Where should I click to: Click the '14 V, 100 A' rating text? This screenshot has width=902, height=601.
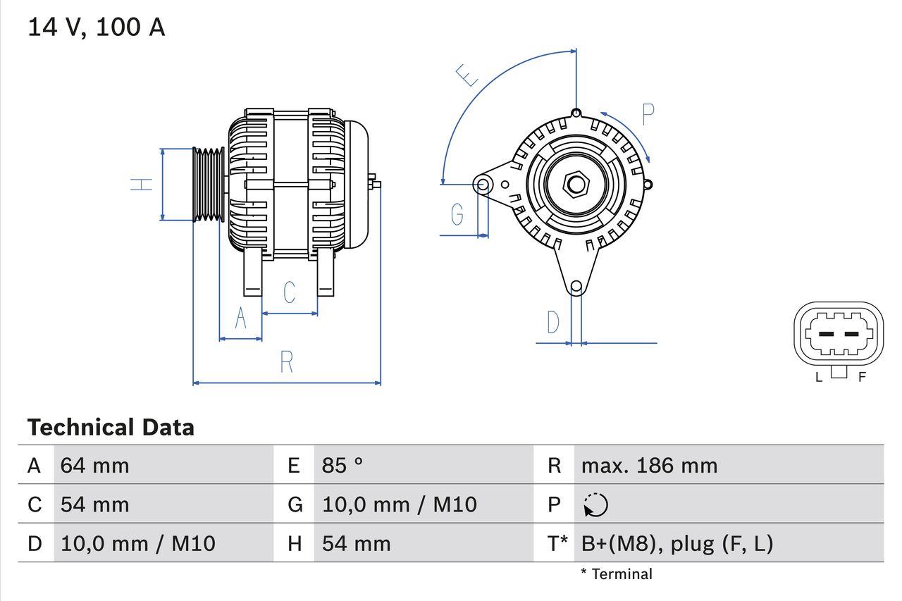pyautogui.click(x=96, y=27)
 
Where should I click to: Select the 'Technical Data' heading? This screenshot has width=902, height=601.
pyautogui.click(x=111, y=427)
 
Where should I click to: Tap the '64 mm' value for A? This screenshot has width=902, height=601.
pyautogui.click(x=94, y=465)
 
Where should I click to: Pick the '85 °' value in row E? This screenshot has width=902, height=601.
pyautogui.click(x=342, y=465)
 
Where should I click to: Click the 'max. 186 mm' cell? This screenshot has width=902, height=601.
pyautogui.click(x=649, y=465)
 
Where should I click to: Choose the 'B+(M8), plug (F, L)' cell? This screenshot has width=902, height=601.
pyautogui.click(x=676, y=543)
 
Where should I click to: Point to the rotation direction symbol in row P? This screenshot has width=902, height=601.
pyautogui.click(x=595, y=504)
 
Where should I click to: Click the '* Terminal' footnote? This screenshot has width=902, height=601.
pyautogui.click(x=617, y=574)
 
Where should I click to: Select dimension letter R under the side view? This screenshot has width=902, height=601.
pyautogui.click(x=286, y=362)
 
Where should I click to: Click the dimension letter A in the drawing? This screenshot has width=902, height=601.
pyautogui.click(x=240, y=318)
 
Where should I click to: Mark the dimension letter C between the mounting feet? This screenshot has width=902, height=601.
pyautogui.click(x=289, y=292)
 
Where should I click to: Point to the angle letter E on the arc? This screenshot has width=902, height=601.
pyautogui.click(x=467, y=75)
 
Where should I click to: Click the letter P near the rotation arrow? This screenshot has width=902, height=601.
pyautogui.click(x=648, y=114)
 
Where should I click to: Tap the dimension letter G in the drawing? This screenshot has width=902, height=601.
pyautogui.click(x=457, y=213)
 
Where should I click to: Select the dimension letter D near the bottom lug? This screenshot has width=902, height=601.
pyautogui.click(x=553, y=323)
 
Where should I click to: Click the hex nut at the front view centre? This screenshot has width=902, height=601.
pyautogui.click(x=576, y=185)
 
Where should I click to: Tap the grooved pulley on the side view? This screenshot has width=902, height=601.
pyautogui.click(x=209, y=185)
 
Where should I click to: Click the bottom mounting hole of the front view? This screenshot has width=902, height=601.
pyautogui.click(x=576, y=286)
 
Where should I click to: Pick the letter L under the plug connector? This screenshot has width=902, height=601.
pyautogui.click(x=818, y=377)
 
